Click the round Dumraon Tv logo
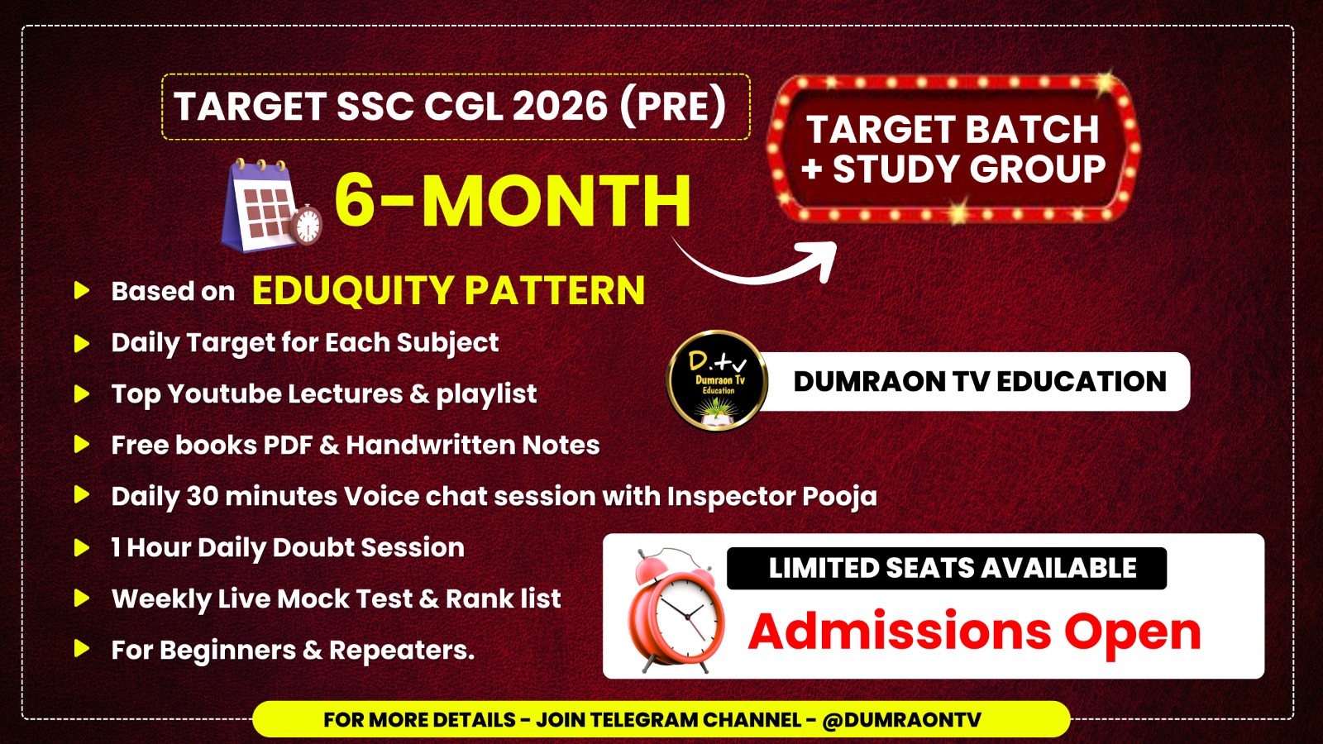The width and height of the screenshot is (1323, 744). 717,381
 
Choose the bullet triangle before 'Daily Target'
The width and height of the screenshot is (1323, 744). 81,343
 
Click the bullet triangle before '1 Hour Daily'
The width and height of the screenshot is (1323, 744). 81,548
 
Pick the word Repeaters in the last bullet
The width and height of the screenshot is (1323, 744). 401,651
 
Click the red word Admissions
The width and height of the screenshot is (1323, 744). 900,632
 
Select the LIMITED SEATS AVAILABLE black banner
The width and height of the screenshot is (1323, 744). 946,569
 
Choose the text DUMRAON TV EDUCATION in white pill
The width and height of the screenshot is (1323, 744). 980,381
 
